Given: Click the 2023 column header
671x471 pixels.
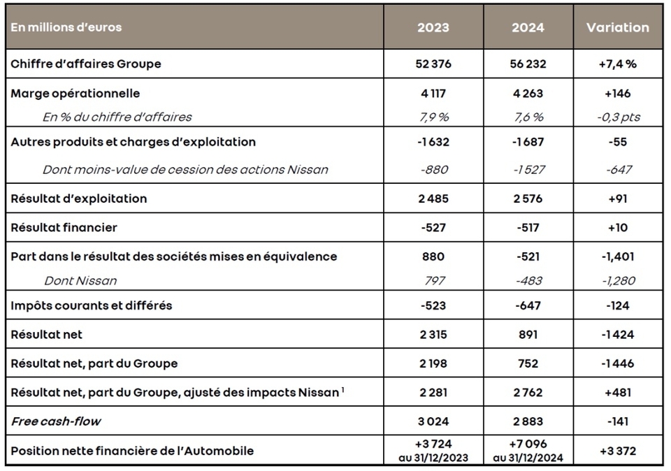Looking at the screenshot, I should [x=433, y=28].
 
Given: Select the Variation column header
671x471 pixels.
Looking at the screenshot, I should [x=617, y=28].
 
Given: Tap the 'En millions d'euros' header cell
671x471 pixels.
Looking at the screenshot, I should [x=66, y=28].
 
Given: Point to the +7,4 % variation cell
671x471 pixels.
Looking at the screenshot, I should [x=618, y=64].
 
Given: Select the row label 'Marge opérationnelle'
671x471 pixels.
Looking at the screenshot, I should [x=75, y=93].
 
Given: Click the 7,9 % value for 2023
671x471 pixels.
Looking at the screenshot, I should [x=433, y=117].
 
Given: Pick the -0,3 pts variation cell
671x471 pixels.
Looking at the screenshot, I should [x=618, y=117].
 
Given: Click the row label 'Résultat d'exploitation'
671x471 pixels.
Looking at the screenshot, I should [x=79, y=198].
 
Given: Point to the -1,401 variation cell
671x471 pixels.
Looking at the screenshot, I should [x=618, y=256].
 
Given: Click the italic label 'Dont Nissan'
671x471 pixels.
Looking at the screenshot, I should [x=80, y=280].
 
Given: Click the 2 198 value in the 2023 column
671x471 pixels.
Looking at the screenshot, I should [x=433, y=363].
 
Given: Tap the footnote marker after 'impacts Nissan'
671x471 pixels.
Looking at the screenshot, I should [x=342, y=389].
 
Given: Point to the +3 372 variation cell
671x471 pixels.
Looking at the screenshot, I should [x=618, y=451].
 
